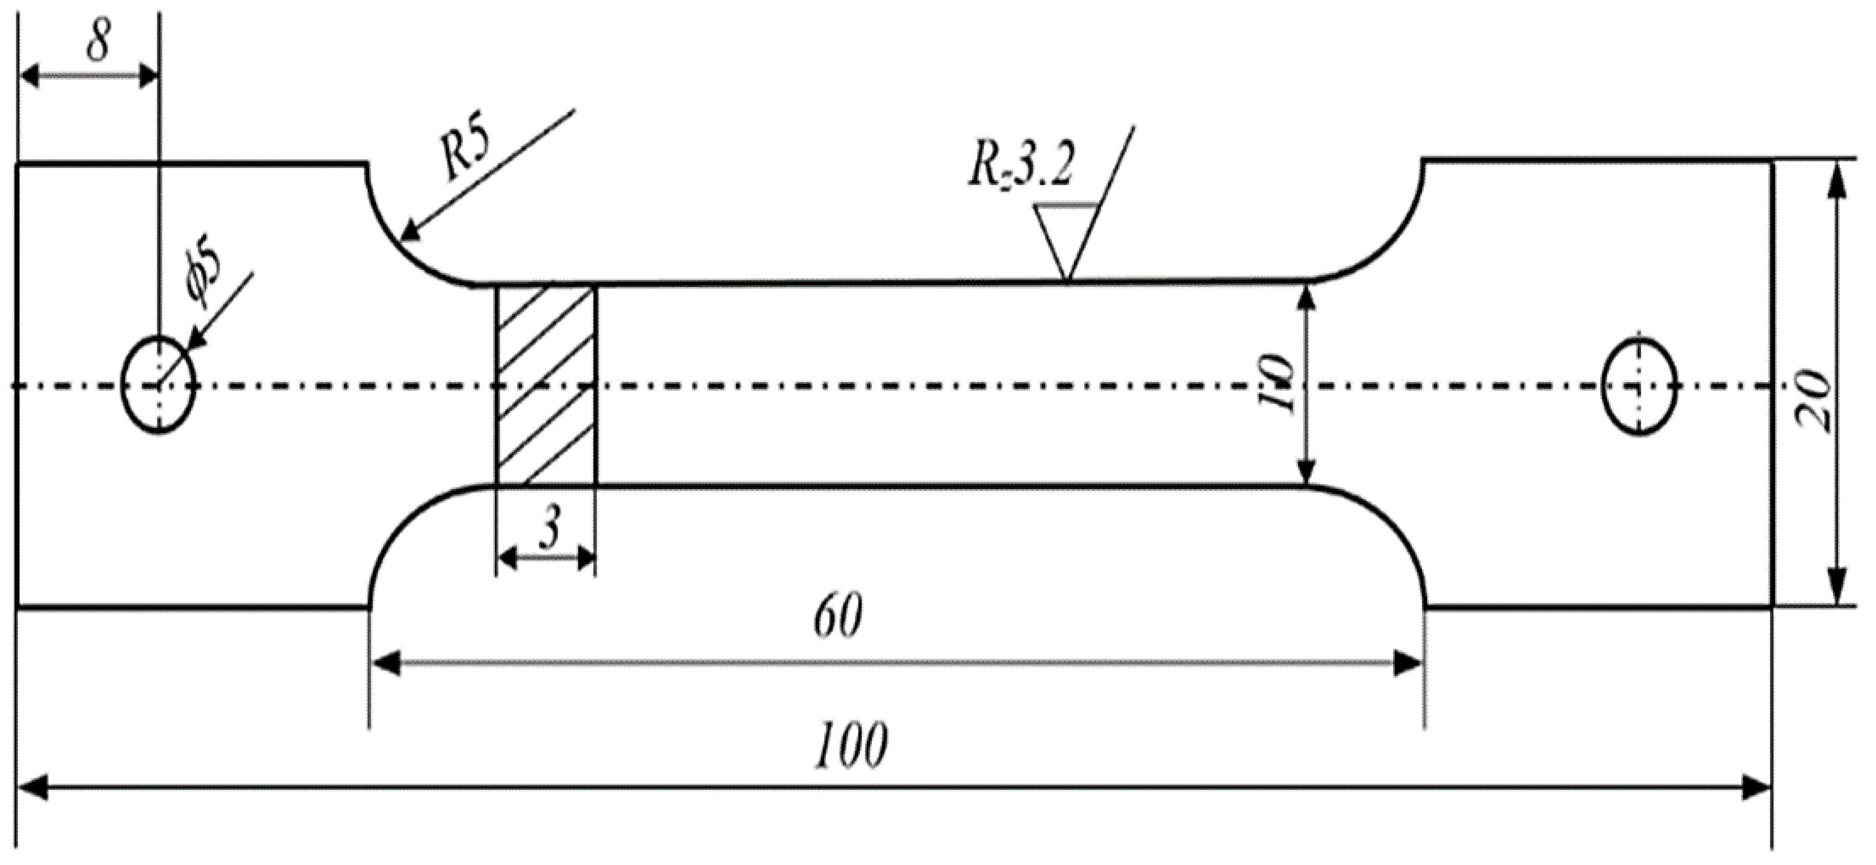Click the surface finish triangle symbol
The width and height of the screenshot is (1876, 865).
point(1065,241)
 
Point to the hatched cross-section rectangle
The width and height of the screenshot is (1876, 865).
point(546,384)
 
